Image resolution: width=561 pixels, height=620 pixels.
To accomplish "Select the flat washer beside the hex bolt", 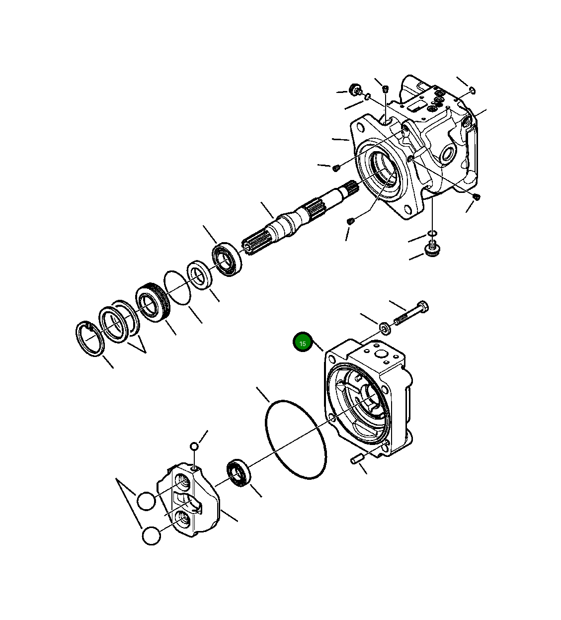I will coord(385,328).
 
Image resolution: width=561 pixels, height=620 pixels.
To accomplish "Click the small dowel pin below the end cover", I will coord(356,460).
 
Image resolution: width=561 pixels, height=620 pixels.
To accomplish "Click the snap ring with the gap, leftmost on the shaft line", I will coord(89,339).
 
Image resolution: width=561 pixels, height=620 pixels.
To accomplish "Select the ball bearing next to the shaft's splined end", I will coord(228,259).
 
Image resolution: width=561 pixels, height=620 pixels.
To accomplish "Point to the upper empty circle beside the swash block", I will coord(146,501).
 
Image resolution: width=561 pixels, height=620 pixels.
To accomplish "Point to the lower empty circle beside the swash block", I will coord(151,536).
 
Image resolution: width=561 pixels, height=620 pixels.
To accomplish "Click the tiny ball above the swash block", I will coord(194,446).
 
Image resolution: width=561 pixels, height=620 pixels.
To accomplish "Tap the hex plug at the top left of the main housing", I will coord(355,90).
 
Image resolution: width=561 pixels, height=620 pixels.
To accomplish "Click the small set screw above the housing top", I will coord(386,89).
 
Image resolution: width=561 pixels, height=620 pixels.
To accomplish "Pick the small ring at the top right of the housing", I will coord(472,90).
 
